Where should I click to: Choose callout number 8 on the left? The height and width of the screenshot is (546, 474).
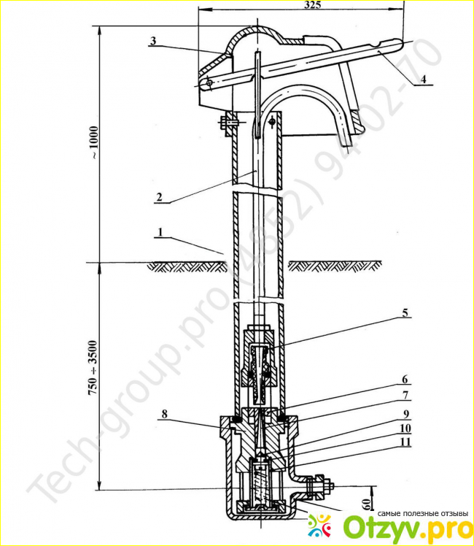[x=166, y=413]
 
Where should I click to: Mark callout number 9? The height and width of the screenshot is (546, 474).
[x=404, y=413]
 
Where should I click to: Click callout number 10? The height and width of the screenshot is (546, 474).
[x=404, y=428]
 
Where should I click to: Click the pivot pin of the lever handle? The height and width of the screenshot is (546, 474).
[x=209, y=82]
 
